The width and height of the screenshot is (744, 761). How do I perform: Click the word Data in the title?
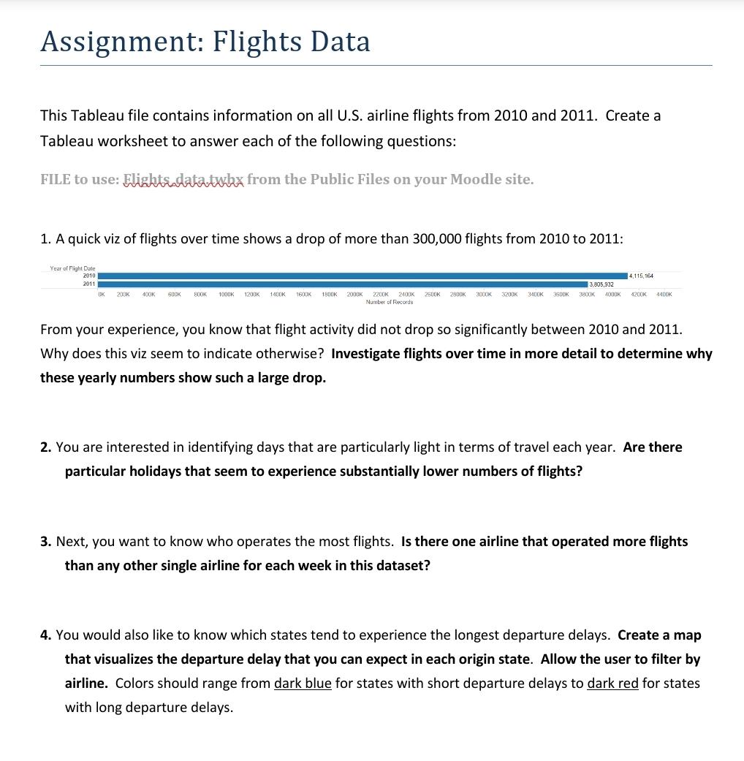coord(340,42)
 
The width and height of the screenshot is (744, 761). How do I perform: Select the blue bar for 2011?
coord(343,284)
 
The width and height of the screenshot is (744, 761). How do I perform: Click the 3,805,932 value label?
coord(601,284)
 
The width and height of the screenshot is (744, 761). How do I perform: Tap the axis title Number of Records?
coord(389,302)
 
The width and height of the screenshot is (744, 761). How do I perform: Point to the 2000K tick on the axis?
coord(354,294)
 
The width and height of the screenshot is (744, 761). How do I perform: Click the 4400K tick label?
coord(664,294)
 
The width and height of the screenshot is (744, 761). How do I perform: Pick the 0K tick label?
coord(102,294)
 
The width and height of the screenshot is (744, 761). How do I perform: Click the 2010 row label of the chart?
coord(88,276)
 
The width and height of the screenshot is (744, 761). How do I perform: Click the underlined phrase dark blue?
coord(303,683)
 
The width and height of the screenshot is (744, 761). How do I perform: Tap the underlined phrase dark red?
coord(612,683)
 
